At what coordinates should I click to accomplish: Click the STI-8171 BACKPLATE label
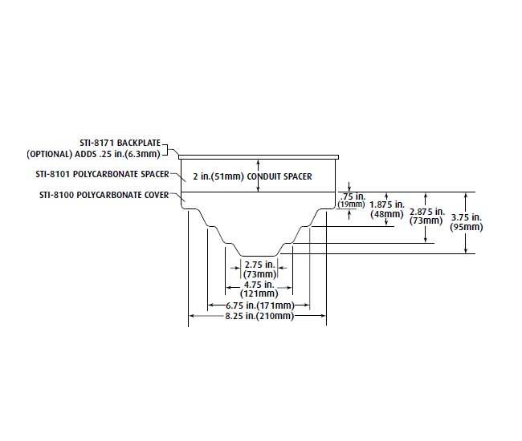pos(120,143)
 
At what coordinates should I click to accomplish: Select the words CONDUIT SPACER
pos(285,176)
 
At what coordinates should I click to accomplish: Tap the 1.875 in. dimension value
pos(387,205)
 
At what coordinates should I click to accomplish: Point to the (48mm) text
pos(387,214)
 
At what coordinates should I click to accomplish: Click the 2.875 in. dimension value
pos(426,212)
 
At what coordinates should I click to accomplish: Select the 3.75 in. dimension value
pos(467,216)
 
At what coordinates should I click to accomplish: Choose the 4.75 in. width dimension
pos(259,285)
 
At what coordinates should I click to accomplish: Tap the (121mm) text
pos(259,294)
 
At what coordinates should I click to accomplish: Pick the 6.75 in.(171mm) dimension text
pos(257,306)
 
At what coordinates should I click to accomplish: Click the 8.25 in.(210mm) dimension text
pos(257,317)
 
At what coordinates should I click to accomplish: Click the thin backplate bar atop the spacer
pos(258,158)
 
